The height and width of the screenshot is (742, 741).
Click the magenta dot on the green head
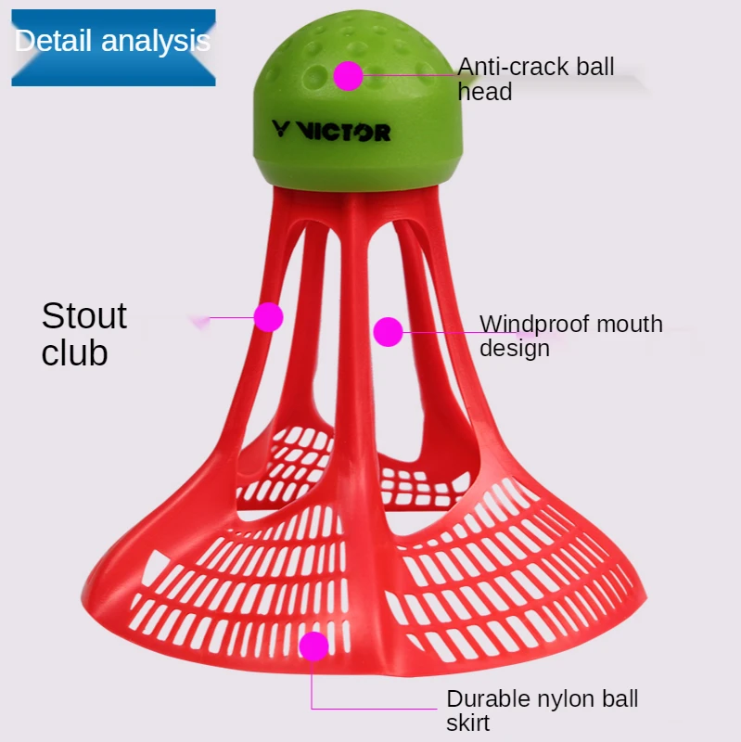pyautogui.click(x=349, y=75)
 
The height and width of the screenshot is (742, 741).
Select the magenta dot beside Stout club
pyautogui.click(x=268, y=317)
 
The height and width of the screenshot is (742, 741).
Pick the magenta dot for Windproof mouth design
pyautogui.click(x=388, y=331)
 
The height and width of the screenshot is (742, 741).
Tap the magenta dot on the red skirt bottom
pyautogui.click(x=313, y=646)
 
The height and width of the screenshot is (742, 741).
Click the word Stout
pyautogui.click(x=84, y=316)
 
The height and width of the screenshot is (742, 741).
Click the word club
pyautogui.click(x=74, y=353)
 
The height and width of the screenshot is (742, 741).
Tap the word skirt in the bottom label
pyautogui.click(x=468, y=723)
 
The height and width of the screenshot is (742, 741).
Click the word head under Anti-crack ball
pyautogui.click(x=484, y=92)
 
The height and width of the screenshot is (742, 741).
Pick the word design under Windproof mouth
pyautogui.click(x=515, y=348)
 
